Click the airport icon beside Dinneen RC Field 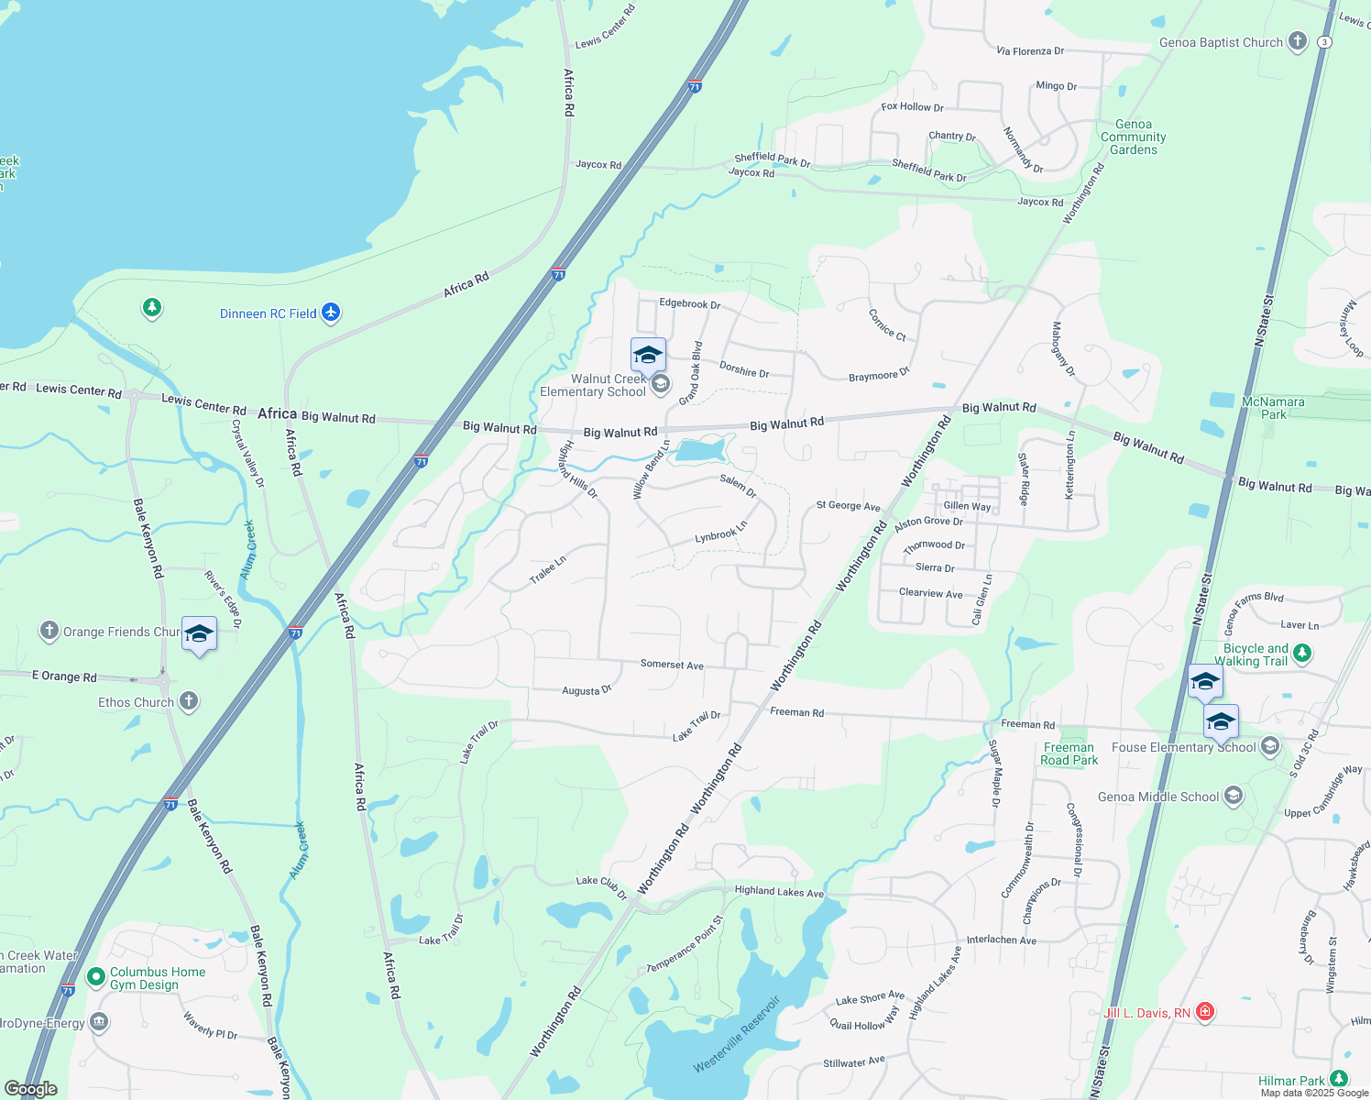click(331, 313)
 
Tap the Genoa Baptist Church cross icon click(1297, 41)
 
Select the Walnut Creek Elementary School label click(593, 385)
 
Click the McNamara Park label click(1273, 408)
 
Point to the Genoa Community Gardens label click(1134, 137)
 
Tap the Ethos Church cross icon click(188, 702)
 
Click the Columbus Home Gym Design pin click(96, 977)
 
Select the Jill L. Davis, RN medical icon click(1205, 1012)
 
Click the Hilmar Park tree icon click(1339, 1080)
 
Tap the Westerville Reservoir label click(737, 1034)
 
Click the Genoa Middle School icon click(1234, 796)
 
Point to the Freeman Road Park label click(1069, 753)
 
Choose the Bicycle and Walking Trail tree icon click(1302, 654)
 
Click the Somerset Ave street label click(672, 665)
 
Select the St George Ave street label click(848, 506)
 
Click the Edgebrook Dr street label click(689, 303)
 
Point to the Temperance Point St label click(685, 944)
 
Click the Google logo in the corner click(31, 1088)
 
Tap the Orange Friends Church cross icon click(49, 631)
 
